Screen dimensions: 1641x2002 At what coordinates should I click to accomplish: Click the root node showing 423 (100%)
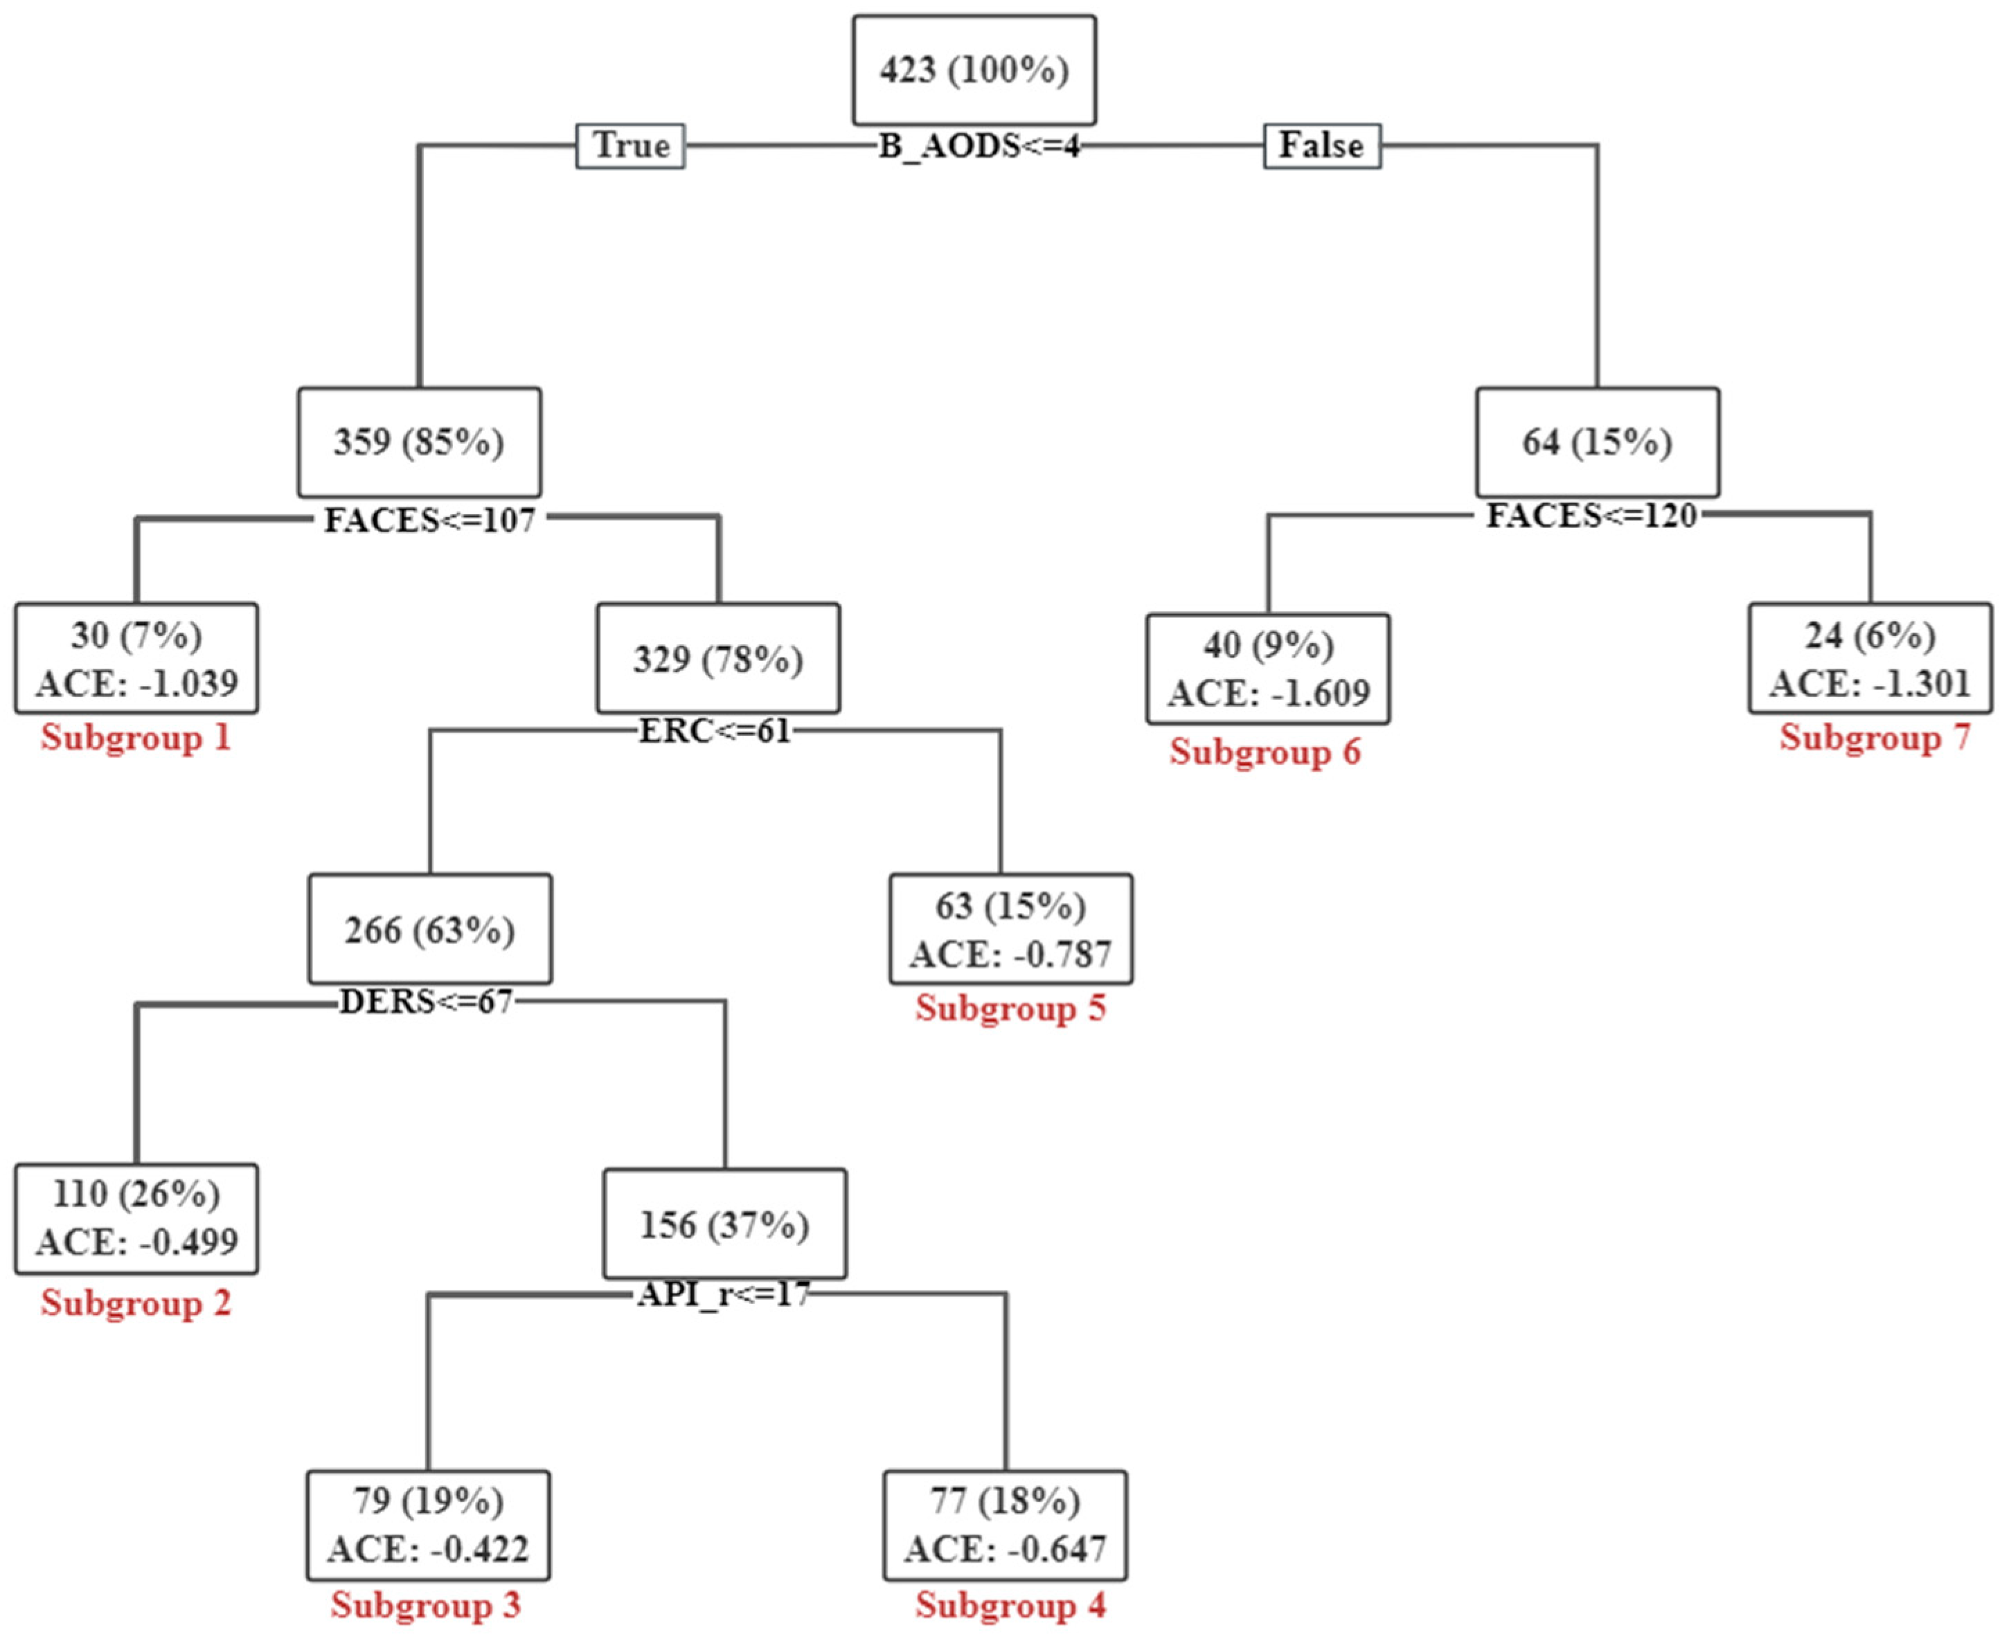pyautogui.click(x=974, y=70)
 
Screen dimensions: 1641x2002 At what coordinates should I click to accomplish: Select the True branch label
pyautogui.click(x=631, y=145)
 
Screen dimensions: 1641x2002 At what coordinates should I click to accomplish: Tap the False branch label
pyautogui.click(x=1321, y=145)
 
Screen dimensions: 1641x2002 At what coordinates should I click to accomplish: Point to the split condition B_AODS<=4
pyautogui.click(x=978, y=147)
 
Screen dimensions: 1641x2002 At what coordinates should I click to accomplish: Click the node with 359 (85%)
pyautogui.click(x=419, y=442)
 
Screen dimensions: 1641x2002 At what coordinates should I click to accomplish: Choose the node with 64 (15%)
pyautogui.click(x=1598, y=442)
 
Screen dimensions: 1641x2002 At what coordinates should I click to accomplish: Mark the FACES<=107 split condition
pyautogui.click(x=430, y=520)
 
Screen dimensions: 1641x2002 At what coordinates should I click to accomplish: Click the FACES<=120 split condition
pyautogui.click(x=1591, y=516)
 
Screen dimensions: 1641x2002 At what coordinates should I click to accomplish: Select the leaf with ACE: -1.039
pyautogui.click(x=136, y=659)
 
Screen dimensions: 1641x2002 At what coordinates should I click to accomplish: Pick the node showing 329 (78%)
pyautogui.click(x=717, y=659)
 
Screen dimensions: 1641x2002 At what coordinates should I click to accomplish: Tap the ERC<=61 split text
pyautogui.click(x=715, y=731)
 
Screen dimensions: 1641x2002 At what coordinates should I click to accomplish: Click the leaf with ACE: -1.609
pyautogui.click(x=1268, y=669)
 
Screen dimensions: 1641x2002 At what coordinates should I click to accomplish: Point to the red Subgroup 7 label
pyautogui.click(x=1875, y=737)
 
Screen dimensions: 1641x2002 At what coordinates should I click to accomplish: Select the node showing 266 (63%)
pyautogui.click(x=429, y=930)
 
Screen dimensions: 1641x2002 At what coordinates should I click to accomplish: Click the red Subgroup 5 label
pyautogui.click(x=1010, y=1008)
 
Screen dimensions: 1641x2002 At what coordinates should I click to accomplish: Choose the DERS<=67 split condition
pyautogui.click(x=426, y=1001)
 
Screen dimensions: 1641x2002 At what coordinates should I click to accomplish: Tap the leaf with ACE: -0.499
pyautogui.click(x=136, y=1218)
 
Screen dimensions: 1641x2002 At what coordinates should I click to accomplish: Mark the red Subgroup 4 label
pyautogui.click(x=1010, y=1605)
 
